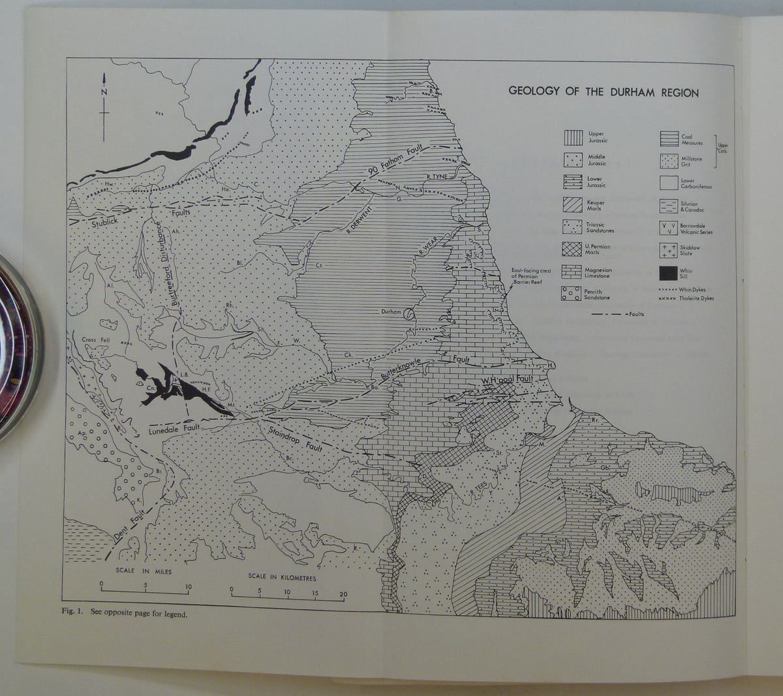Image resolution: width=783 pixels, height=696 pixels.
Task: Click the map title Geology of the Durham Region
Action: tap(603, 92)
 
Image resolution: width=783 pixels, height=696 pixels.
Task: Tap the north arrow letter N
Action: tap(104, 92)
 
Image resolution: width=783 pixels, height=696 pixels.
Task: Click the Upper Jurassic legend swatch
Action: tap(573, 138)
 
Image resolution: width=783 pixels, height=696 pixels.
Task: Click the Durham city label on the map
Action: tap(391, 312)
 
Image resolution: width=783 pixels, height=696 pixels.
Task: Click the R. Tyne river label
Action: tap(437, 176)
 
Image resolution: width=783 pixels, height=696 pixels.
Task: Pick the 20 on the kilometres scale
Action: tap(343, 593)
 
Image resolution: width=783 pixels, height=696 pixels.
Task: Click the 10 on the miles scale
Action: tap(189, 586)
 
